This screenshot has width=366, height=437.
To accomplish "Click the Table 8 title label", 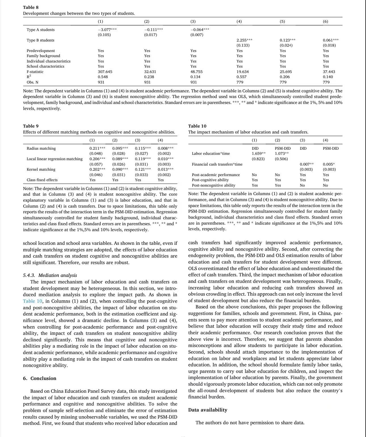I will (31, 7).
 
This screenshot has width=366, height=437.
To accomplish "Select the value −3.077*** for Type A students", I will (107, 30).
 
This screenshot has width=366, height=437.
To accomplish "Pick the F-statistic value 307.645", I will (105, 72).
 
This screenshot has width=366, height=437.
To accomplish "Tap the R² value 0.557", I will (241, 77).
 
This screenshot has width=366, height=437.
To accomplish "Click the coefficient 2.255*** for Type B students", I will (244, 40).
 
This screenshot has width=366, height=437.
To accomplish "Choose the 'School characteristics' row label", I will (45, 66).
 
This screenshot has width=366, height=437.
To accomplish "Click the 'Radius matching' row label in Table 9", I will (41, 148).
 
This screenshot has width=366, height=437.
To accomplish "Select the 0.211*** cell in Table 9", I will (97, 148).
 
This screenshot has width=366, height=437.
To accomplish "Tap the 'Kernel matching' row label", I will (41, 169).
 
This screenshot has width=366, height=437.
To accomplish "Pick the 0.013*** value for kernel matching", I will (165, 169).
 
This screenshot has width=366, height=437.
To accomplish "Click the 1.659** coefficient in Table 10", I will (258, 153).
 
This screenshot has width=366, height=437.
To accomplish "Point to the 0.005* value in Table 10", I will (329, 164).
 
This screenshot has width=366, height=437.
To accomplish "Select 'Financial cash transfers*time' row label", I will (217, 164).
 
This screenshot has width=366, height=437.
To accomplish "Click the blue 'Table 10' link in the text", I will (33, 301).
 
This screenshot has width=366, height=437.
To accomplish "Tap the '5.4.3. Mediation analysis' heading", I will (50, 275).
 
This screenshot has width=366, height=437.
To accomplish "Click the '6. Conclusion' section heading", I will (40, 378).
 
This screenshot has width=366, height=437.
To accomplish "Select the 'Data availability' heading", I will (208, 410).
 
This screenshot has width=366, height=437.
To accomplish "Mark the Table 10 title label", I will (197, 126).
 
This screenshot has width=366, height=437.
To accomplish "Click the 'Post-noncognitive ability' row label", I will (213, 185).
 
